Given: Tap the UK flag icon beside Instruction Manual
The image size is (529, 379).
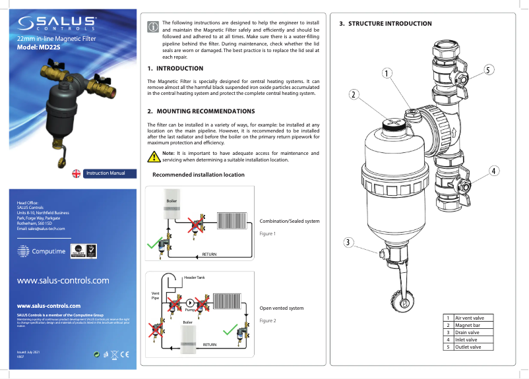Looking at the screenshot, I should [x=77, y=174].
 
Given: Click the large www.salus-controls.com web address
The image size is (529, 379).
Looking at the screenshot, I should [x=63, y=280].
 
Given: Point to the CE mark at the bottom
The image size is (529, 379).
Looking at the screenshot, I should [x=124, y=356].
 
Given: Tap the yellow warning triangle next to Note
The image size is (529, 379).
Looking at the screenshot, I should [x=153, y=156].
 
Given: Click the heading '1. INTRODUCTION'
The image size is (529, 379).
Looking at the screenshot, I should [x=175, y=69].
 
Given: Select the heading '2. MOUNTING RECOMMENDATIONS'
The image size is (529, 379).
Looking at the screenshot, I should [x=201, y=111].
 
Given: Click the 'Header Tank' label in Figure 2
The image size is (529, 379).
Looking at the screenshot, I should [x=194, y=277].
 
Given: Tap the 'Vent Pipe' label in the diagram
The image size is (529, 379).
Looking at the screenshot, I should [x=156, y=296].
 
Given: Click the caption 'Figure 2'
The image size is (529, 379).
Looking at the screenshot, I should [x=267, y=320].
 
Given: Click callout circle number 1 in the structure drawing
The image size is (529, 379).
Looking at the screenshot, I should [x=387, y=73].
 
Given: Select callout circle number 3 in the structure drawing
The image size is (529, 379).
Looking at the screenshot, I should [x=349, y=243].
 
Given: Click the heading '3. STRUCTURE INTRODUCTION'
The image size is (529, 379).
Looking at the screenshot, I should [x=385, y=24].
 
